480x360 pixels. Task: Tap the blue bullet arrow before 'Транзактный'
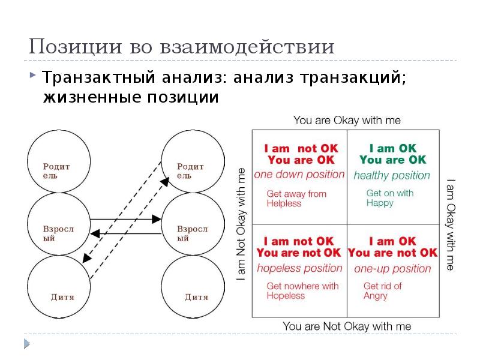(32, 76)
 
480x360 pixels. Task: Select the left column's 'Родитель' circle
(58, 162)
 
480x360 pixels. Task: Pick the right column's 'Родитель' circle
(192, 162)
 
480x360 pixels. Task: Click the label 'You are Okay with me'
(347, 121)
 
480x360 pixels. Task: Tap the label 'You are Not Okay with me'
(347, 326)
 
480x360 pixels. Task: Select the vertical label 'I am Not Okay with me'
(241, 224)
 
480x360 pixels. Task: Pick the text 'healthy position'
(392, 176)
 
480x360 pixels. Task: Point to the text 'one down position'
(299, 175)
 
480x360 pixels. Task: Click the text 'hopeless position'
(299, 268)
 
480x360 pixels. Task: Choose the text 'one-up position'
(392, 269)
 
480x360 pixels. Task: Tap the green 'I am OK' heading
(392, 148)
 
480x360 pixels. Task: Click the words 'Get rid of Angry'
(382, 291)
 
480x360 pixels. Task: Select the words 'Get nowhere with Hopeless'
(302, 291)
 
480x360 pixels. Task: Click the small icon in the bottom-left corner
(26, 343)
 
